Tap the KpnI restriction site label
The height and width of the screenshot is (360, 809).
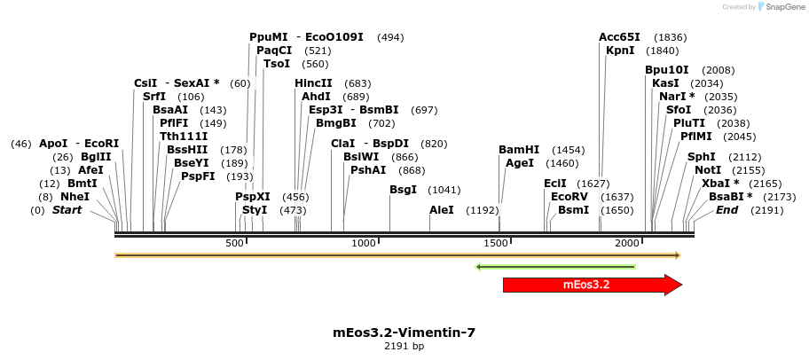coord(620,51)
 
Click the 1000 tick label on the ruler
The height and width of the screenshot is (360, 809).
coord(364,243)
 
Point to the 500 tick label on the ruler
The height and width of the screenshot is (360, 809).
coord(235,243)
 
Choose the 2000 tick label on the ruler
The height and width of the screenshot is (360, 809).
coord(627,243)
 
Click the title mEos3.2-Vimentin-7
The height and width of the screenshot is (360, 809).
coord(404,333)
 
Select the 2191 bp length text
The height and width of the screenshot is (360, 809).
coord(404,346)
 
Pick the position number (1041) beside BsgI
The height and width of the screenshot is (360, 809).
coord(444,190)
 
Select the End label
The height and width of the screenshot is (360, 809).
coord(727,210)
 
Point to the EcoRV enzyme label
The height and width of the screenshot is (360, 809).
coord(569,196)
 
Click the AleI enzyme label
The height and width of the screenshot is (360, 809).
coord(441,210)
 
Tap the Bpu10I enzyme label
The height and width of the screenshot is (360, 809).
coord(667,70)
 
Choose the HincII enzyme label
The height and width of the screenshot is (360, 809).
coord(313,82)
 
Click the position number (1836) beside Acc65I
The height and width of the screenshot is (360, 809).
coord(670,37)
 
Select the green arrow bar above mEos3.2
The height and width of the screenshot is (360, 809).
coord(556,266)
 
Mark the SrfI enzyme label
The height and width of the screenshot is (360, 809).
coord(154,96)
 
